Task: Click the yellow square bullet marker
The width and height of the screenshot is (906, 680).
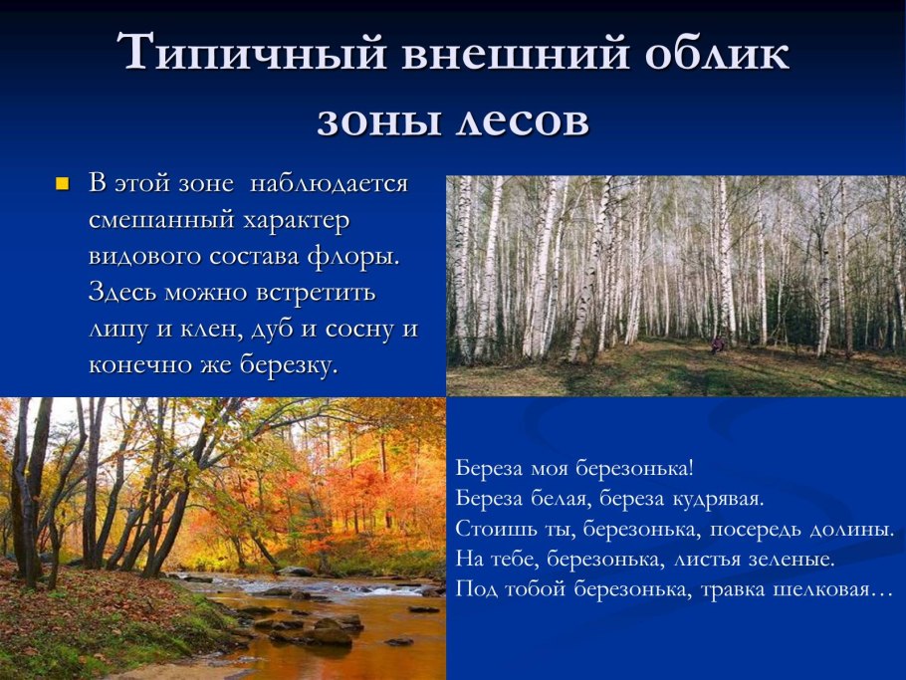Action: click(63, 185)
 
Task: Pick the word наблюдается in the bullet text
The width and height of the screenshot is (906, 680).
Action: click(329, 184)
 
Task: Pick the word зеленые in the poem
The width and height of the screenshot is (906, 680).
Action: click(786, 559)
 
